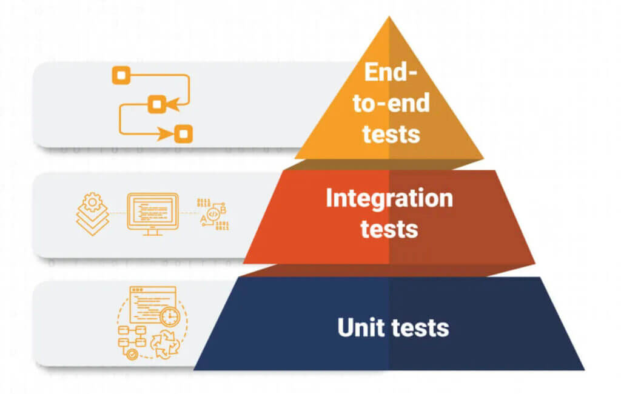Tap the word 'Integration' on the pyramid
click(389, 198)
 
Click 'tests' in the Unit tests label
click(420, 327)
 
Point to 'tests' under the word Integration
click(389, 229)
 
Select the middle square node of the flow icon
click(156, 104)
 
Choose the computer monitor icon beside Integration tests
click(152, 213)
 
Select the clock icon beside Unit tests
click(170, 316)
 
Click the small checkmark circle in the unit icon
click(131, 355)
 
